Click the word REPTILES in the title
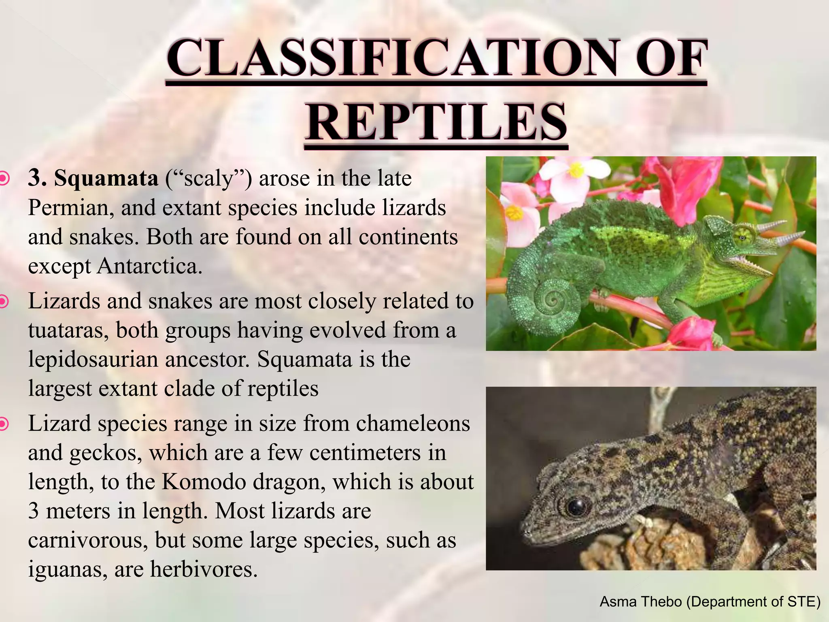point(436,122)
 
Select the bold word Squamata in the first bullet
point(106,178)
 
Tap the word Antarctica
point(149,266)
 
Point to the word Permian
point(70,208)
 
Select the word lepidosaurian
point(93,360)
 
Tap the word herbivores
point(204,569)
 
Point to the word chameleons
point(413,424)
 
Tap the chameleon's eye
point(743,237)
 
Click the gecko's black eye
point(575,506)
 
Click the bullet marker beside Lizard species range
point(3,424)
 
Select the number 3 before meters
point(34,511)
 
